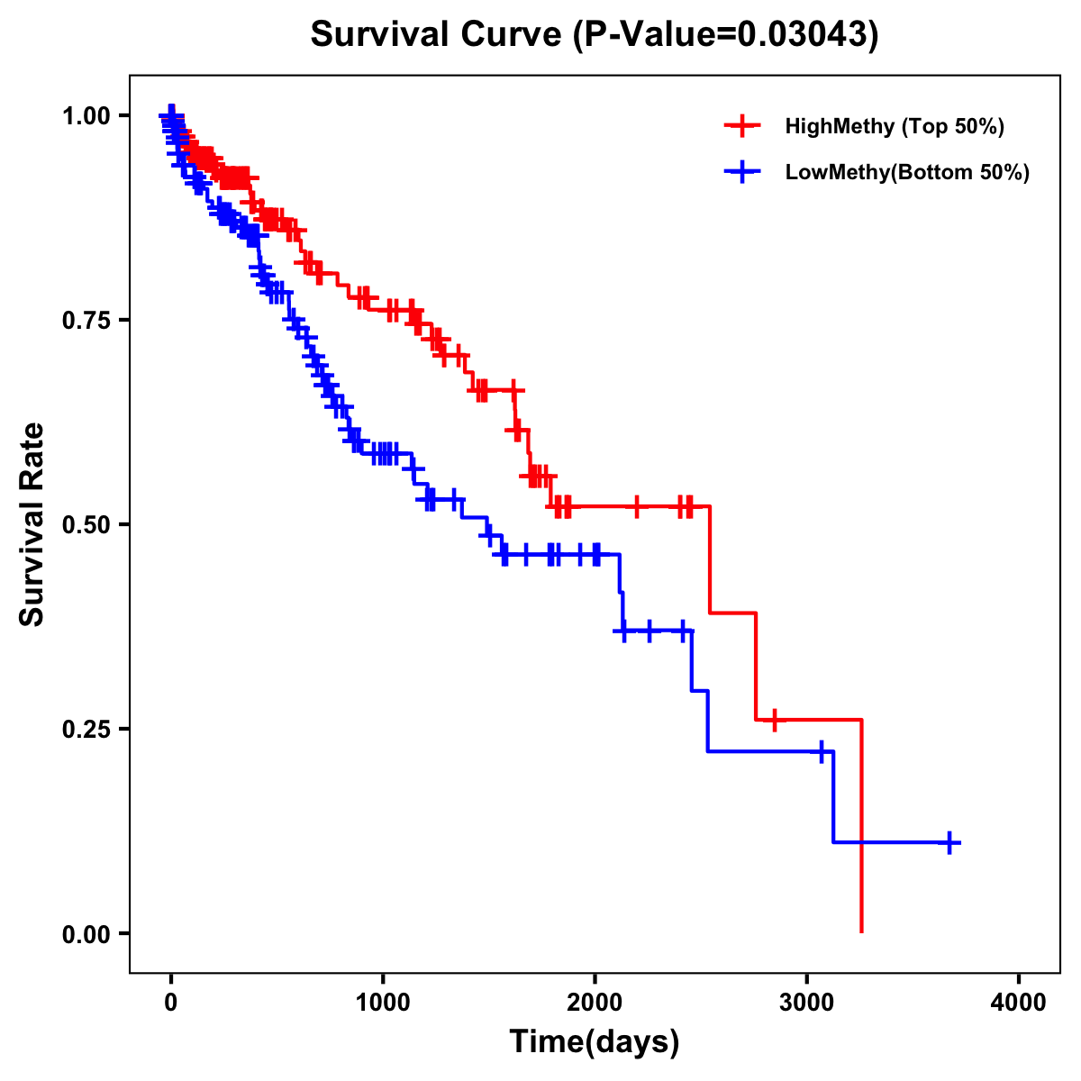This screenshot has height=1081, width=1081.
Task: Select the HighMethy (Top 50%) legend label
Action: [x=894, y=126]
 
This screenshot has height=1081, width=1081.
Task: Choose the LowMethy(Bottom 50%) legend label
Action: [x=906, y=172]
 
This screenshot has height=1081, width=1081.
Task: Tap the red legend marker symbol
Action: [x=742, y=126]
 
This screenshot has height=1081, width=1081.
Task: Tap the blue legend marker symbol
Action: [x=742, y=172]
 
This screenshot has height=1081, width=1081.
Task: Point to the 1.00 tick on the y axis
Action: [x=86, y=115]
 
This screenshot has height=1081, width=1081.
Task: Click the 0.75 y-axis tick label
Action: [x=86, y=320]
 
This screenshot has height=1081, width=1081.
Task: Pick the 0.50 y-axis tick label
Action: [x=86, y=524]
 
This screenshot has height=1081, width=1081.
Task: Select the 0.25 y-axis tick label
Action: [x=86, y=729]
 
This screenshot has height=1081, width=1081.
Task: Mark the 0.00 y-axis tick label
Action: [x=86, y=933]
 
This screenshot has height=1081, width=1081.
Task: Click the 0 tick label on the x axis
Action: [x=171, y=1003]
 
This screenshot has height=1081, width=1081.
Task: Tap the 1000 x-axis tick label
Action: [x=383, y=1003]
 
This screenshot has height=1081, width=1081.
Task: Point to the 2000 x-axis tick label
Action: [x=595, y=1003]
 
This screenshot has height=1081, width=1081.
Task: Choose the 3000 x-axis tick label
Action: [x=806, y=1003]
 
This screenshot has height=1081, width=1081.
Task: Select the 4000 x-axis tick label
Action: [x=1018, y=1003]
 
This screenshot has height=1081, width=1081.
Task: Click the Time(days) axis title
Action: [x=595, y=1042]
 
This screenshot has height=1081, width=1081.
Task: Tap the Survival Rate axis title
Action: [x=32, y=524]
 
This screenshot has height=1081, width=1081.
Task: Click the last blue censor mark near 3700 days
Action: [x=949, y=842]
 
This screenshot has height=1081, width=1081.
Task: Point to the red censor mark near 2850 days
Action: [x=774, y=720]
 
